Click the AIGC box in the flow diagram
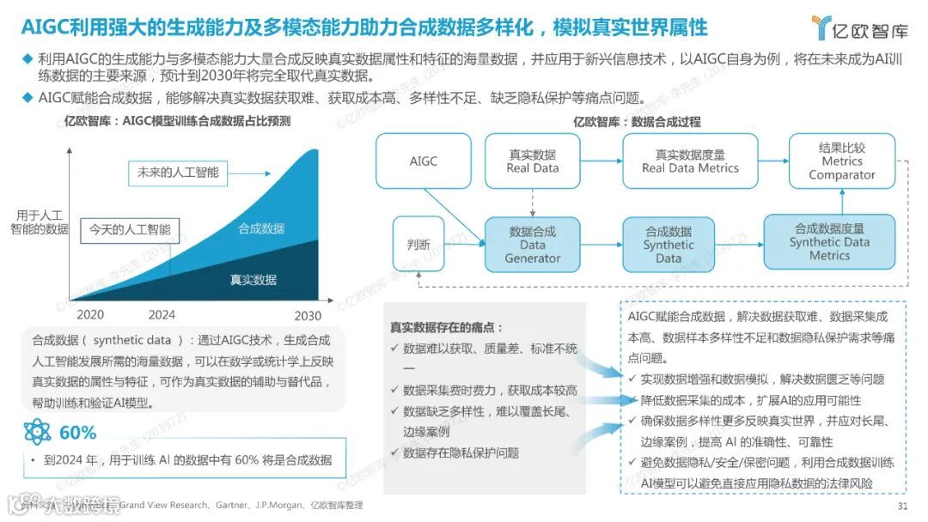423,161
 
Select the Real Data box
532,161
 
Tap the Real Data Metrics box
690,161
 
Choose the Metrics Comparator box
841,161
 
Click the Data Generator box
532,245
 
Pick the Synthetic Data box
668,245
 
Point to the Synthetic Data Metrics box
829,242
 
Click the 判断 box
418,244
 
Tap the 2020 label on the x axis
90,315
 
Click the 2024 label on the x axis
162,315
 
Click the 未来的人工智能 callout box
178,173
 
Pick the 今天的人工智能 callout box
130,230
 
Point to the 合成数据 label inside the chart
261,228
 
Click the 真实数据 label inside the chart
253,279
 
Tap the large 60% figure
77,432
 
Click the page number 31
901,506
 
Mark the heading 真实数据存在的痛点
447,327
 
